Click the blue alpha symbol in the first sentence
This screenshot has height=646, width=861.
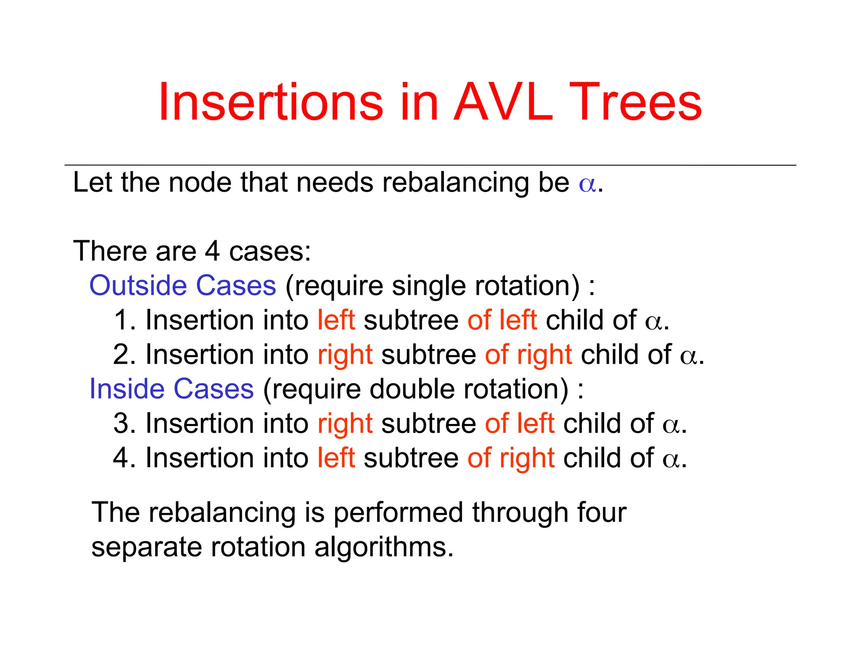coord(587,184)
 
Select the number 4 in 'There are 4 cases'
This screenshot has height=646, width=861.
coord(212,252)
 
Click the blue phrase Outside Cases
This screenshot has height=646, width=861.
coord(182,286)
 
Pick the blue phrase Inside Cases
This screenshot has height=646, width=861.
coord(172,389)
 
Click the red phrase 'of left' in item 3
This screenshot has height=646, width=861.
coord(520,424)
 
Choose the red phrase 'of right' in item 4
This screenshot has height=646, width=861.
coord(511,458)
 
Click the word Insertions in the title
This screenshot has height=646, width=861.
coord(271,102)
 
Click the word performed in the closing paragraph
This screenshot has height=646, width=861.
coord(398,513)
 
